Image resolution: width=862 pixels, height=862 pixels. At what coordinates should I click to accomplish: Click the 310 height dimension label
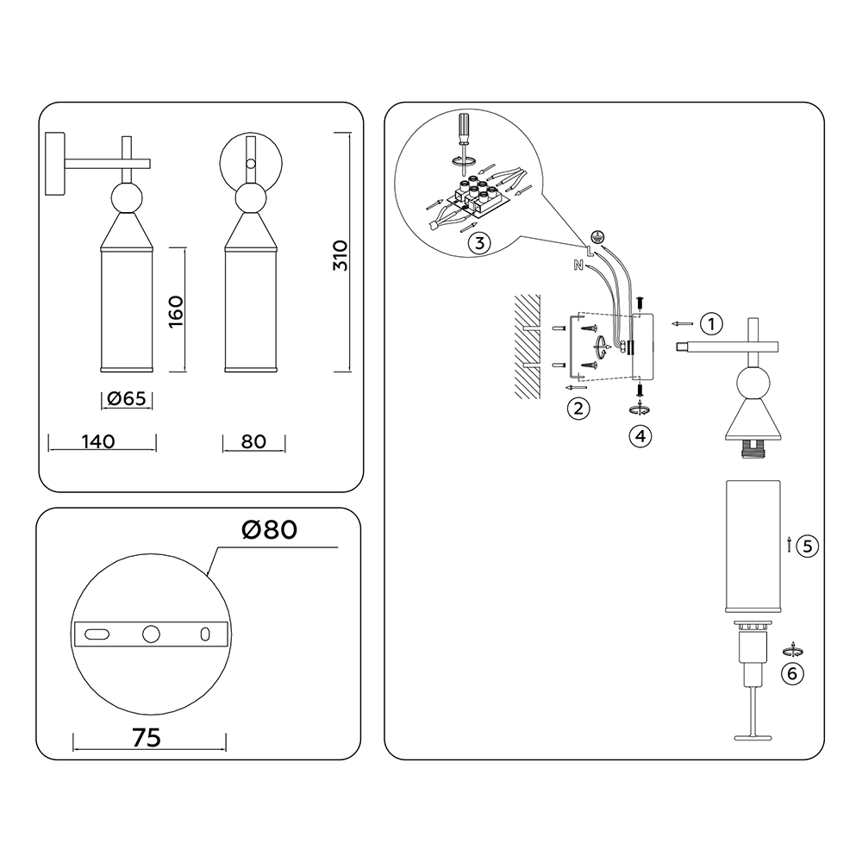(x=340, y=255)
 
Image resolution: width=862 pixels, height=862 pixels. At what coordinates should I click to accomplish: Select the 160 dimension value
(x=175, y=312)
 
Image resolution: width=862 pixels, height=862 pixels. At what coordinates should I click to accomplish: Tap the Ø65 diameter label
(x=127, y=398)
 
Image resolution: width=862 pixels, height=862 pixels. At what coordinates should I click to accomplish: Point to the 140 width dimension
(x=98, y=441)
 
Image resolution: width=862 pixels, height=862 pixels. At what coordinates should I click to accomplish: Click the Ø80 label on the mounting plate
(x=269, y=529)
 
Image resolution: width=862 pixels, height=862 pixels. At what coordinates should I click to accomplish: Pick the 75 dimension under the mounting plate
(x=147, y=738)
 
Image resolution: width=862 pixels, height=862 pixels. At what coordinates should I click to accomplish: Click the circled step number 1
(x=711, y=324)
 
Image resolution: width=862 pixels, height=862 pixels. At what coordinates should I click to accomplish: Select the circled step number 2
(x=578, y=409)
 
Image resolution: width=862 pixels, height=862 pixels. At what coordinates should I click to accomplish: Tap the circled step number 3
(x=479, y=243)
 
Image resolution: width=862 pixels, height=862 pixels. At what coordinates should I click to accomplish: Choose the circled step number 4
(x=640, y=436)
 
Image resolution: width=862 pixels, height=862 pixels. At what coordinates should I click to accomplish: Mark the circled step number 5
(x=808, y=547)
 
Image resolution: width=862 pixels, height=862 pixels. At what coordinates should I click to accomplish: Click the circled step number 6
(x=792, y=673)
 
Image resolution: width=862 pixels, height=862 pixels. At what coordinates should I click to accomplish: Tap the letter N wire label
(x=578, y=265)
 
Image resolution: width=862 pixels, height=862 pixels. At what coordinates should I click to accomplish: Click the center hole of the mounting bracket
(x=151, y=634)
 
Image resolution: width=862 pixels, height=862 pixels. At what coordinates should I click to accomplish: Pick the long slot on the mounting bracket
(x=97, y=634)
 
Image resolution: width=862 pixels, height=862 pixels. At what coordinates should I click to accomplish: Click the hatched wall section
(x=528, y=347)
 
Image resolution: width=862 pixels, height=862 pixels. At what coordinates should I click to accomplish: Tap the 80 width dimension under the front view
(x=253, y=441)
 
